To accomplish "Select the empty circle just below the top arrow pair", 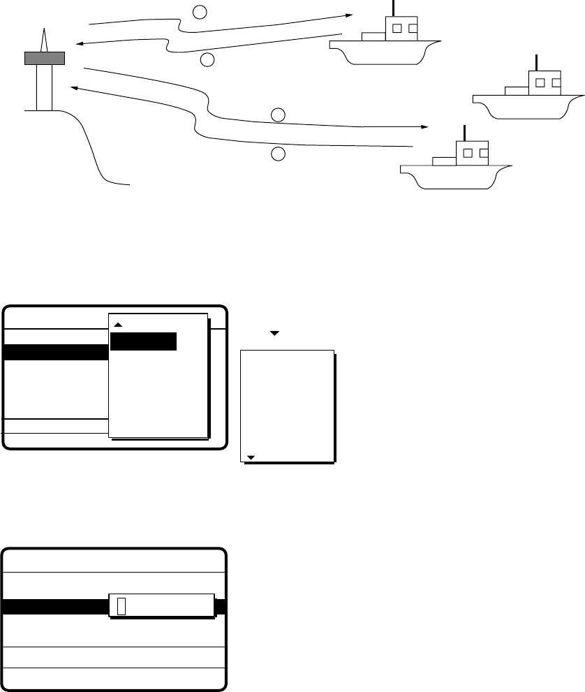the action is [x=207, y=60].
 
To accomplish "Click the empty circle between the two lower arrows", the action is [x=278, y=114].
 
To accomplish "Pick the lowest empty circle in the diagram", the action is [x=278, y=154].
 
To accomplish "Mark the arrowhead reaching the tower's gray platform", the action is [x=78, y=45].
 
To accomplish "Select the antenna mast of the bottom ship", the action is [x=464, y=133].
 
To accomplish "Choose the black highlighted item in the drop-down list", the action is [x=143, y=341].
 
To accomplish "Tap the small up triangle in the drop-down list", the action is [x=118, y=325].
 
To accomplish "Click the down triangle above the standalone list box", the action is [x=274, y=334].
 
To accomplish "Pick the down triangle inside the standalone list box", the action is [x=251, y=457].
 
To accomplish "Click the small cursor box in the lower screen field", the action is [x=121, y=605].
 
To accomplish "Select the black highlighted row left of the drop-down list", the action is [x=56, y=352].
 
